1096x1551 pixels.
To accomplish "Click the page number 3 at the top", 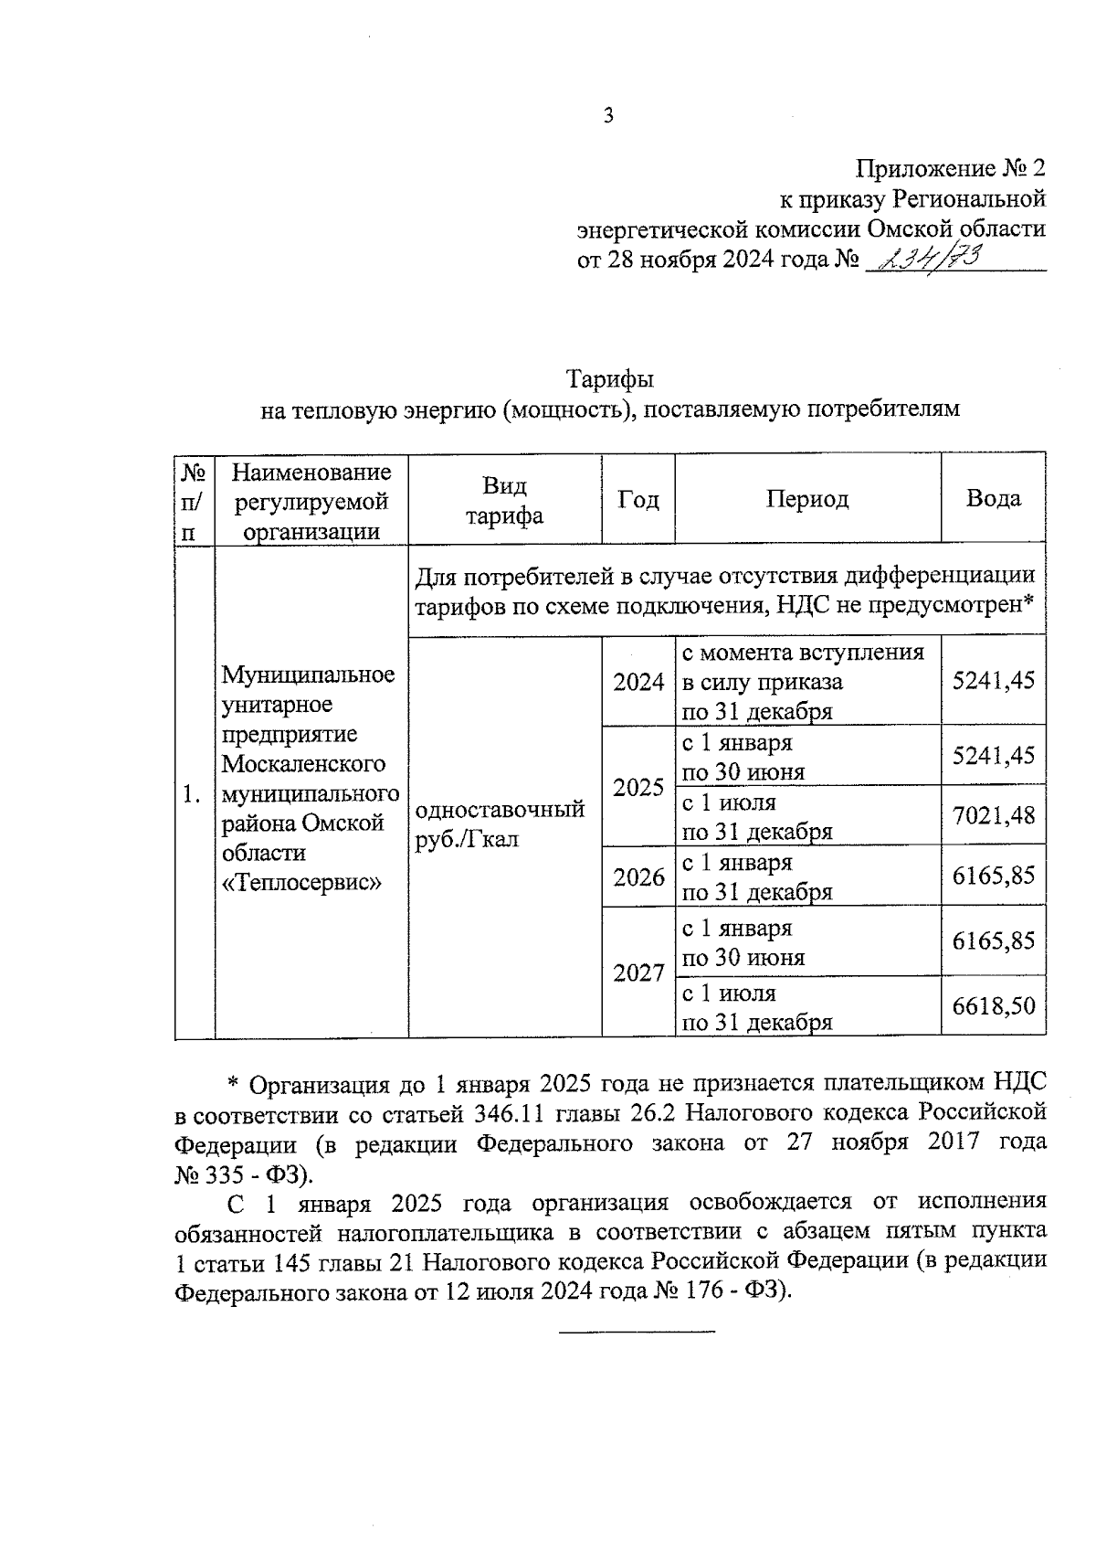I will click(608, 115).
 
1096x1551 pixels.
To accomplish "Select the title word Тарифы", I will click(609, 378).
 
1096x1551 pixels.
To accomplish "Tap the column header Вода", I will click(993, 498).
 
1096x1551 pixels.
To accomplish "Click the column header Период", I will click(806, 498).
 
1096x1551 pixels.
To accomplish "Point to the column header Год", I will click(638, 498).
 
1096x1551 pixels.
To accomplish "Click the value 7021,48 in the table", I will click(993, 814).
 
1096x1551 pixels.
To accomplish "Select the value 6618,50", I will click(993, 1006).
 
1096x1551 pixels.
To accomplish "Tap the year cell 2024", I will click(638, 682).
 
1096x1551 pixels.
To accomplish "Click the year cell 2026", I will click(638, 877).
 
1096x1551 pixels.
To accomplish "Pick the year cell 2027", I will click(638, 972).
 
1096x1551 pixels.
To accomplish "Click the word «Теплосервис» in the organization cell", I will click(302, 882).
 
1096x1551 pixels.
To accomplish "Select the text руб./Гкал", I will click(467, 839).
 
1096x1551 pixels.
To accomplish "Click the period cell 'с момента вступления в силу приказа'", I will click(803, 681).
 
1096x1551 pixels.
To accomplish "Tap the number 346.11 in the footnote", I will click(515, 1114).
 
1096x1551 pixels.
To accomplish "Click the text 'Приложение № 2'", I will click(950, 168).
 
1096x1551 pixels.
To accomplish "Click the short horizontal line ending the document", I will click(637, 1331).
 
